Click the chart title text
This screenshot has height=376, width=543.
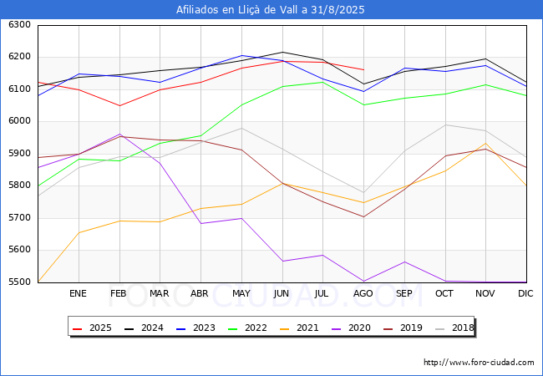[271, 10]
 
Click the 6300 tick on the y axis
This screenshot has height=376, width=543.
[19, 25]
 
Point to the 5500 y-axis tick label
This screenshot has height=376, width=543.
[19, 282]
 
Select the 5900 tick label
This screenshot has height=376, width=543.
[19, 154]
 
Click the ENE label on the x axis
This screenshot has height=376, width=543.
[78, 294]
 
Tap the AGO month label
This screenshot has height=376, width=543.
[363, 294]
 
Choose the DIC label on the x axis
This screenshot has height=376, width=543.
[525, 294]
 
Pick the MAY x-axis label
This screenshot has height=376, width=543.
[241, 294]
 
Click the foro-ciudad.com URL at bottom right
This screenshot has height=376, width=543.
[479, 363]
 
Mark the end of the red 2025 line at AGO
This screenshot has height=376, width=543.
[363, 69]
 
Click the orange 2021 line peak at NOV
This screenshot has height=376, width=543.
[485, 144]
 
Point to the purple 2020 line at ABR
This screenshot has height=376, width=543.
[200, 223]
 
